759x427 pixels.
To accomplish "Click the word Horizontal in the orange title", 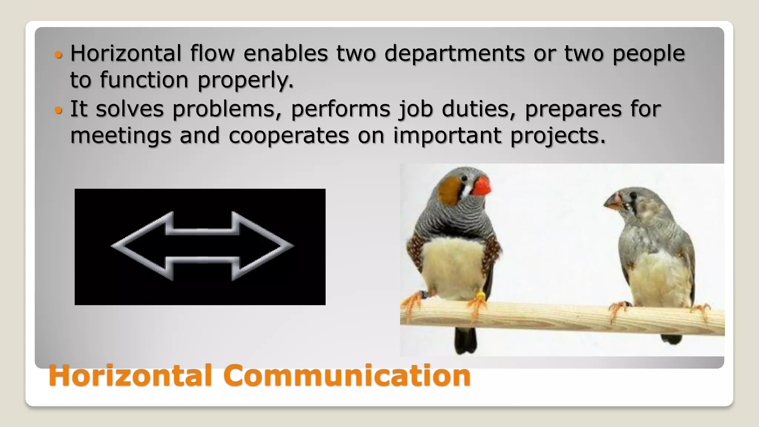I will (x=130, y=375).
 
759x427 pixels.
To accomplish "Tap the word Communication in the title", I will (x=347, y=375).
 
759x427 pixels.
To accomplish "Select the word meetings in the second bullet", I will (x=121, y=136).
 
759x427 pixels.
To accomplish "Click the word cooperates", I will (x=289, y=136).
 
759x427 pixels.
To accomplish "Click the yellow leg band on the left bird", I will (x=480, y=295).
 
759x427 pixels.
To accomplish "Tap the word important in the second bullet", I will (x=447, y=136).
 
